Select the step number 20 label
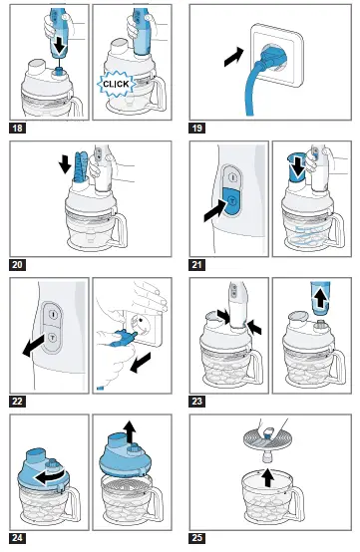(17, 265)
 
